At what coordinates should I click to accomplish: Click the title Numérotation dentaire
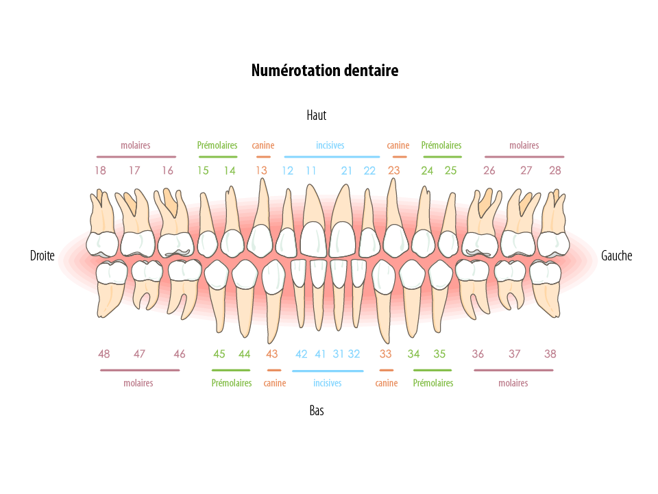coord(324,71)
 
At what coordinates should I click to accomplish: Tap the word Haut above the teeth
coord(316,115)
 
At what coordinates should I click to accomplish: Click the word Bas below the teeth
coord(316,411)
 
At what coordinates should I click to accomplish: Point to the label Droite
coord(42,256)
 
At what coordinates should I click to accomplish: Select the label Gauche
coord(616,256)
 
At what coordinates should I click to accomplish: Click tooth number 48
coord(111,284)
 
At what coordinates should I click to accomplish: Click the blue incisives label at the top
coord(330,145)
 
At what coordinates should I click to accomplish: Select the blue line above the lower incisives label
coord(328,371)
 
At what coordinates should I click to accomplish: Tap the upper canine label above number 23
coord(398,145)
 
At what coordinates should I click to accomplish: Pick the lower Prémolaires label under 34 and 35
coord(433,383)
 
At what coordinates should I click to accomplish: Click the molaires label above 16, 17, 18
coord(136,145)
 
